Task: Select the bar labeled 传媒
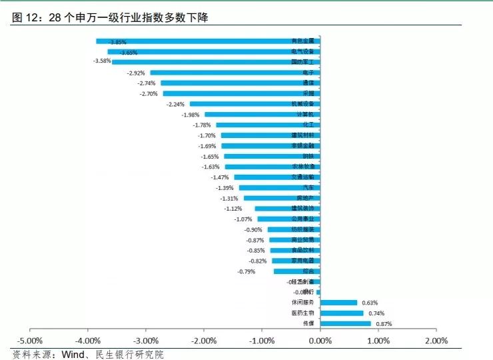pos(345,324)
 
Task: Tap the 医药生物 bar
pos(342,313)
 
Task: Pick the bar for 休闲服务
pos(338,303)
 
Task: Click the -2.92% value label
pos(136,73)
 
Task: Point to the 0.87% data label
pos(384,324)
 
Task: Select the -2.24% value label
pos(176,104)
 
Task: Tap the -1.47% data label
pos(220,177)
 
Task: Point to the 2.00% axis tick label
pos(436,341)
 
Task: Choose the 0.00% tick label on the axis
pos(320,341)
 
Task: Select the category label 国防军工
pos(306,62)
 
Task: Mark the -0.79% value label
pos(246,271)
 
